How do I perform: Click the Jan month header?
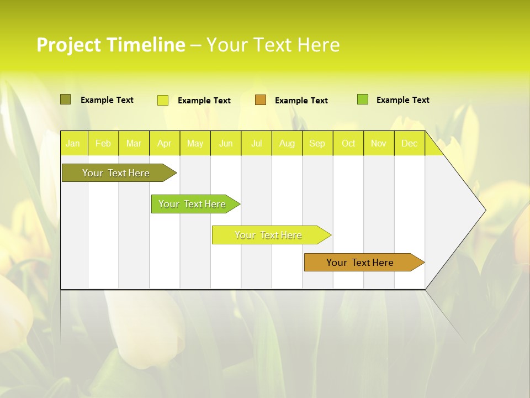(x=73, y=143)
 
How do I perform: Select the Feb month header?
(x=103, y=143)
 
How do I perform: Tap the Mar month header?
(x=134, y=143)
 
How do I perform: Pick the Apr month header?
(x=165, y=143)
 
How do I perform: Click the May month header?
(x=195, y=143)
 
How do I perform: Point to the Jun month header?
(x=226, y=143)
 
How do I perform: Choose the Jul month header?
(x=256, y=143)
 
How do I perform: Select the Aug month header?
(x=287, y=143)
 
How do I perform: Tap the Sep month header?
(x=317, y=143)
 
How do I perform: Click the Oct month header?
(x=348, y=143)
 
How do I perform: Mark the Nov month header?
(x=379, y=143)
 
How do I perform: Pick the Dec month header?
(x=409, y=143)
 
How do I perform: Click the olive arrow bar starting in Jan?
(x=116, y=173)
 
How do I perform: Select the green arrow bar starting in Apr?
(x=193, y=204)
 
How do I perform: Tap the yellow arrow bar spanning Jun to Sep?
(x=269, y=235)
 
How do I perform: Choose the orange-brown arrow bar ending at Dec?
(x=361, y=263)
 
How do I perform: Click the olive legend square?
(x=66, y=99)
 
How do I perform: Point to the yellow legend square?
(x=163, y=100)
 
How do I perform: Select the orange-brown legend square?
(x=261, y=100)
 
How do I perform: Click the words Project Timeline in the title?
(x=111, y=45)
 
